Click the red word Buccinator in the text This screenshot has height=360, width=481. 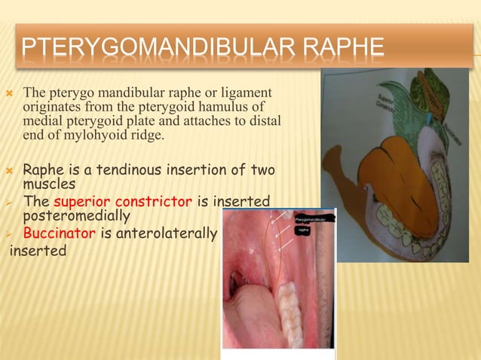click(x=59, y=233)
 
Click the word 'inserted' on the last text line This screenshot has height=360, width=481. click(x=37, y=250)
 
